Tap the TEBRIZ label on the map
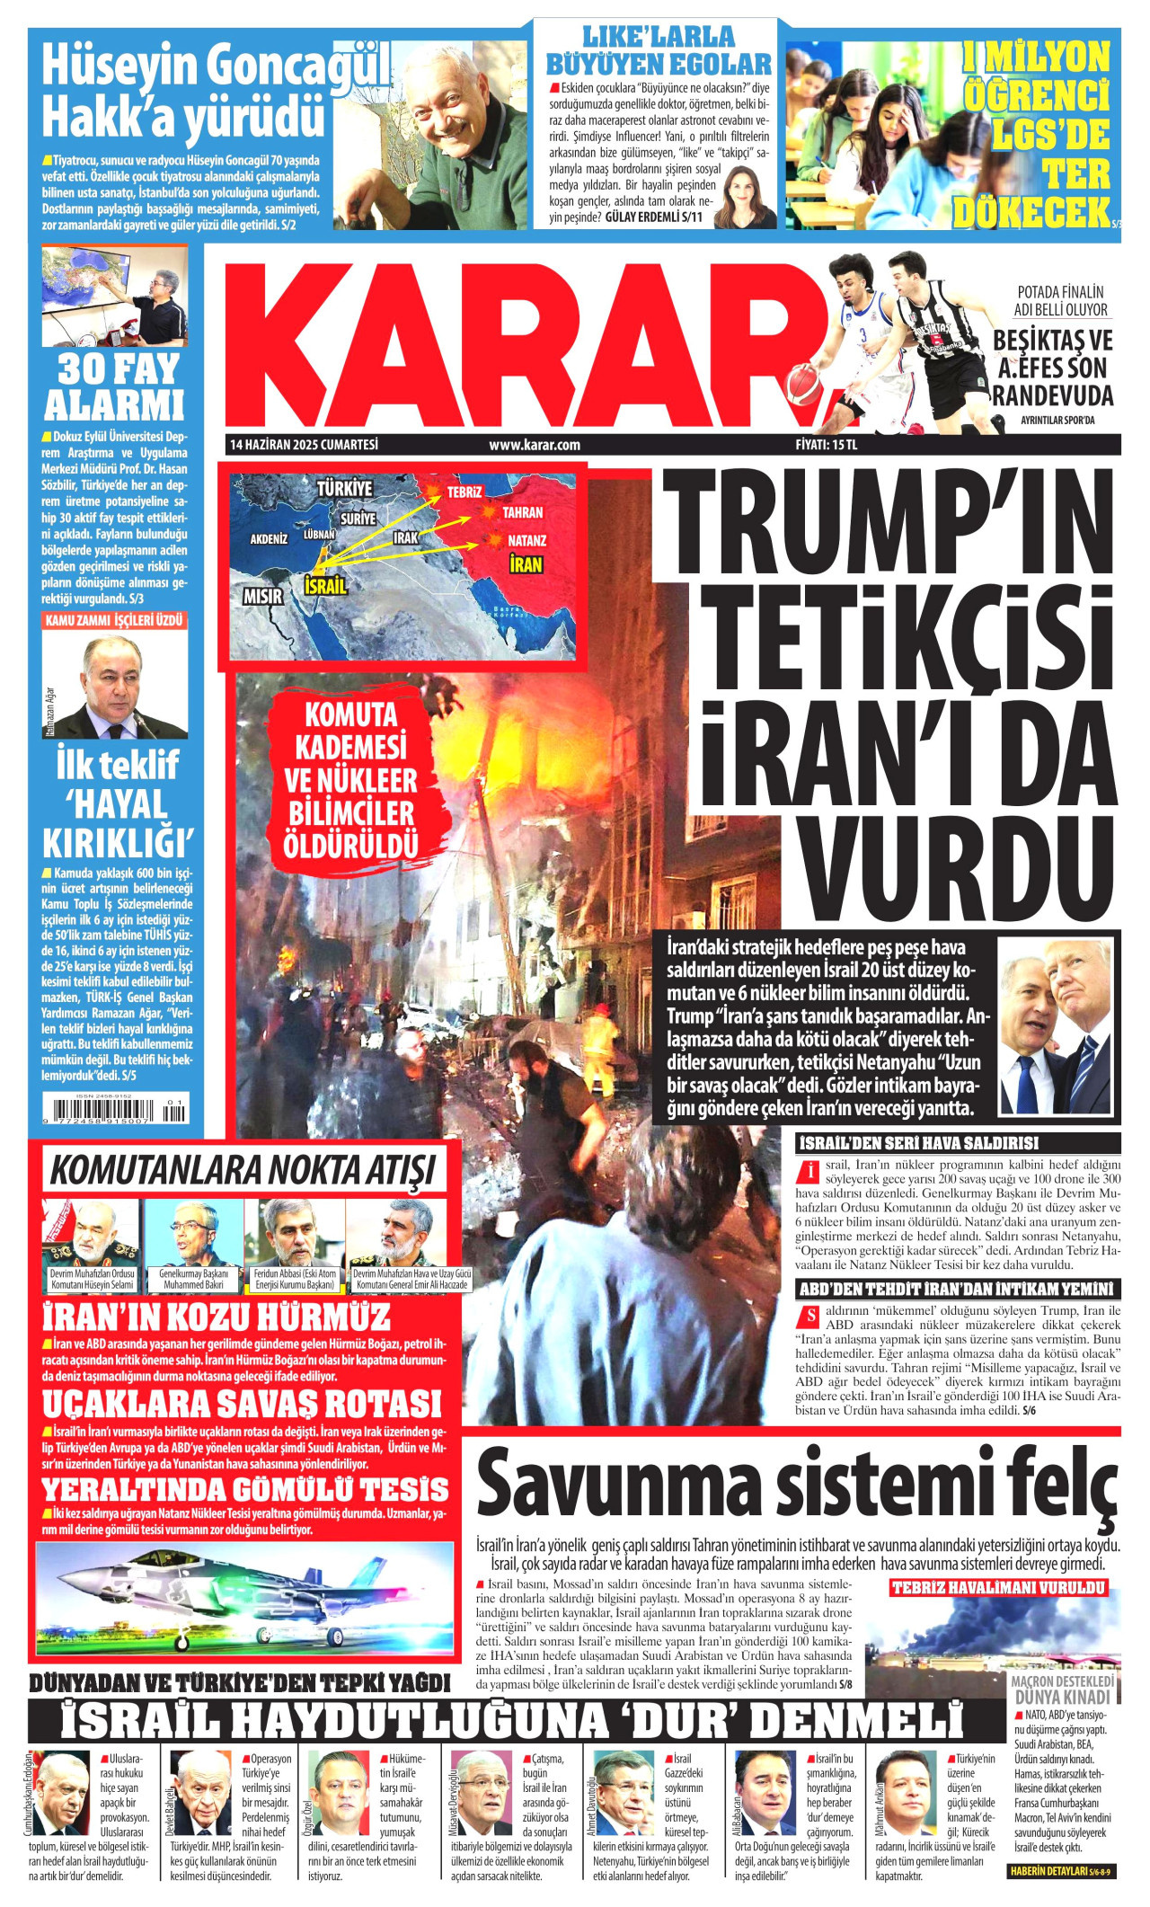(x=464, y=492)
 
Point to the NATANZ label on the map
(x=526, y=541)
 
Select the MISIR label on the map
(x=262, y=596)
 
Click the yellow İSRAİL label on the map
(x=325, y=586)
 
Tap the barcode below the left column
(x=115, y=1112)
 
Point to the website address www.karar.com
(x=535, y=445)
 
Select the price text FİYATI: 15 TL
(x=827, y=445)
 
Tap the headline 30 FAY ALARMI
(x=114, y=387)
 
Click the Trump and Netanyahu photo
(x=1055, y=1025)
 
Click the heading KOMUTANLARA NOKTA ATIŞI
(x=242, y=1171)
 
